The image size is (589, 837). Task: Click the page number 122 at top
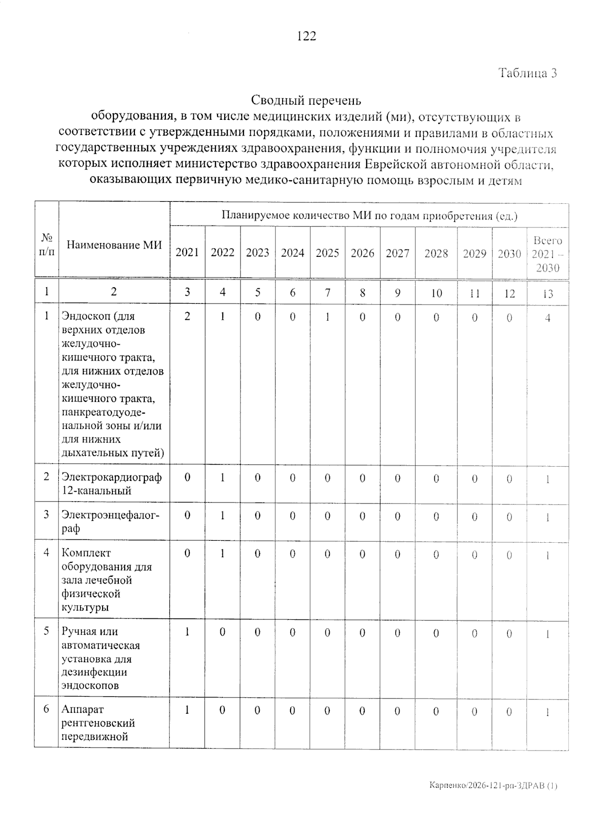point(306,36)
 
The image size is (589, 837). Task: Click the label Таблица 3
point(528,73)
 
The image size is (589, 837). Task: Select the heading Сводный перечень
point(306,101)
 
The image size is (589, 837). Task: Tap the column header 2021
point(187,252)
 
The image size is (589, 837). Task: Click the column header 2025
point(327,253)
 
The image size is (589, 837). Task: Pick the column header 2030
point(509,253)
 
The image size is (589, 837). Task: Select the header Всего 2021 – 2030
point(547,254)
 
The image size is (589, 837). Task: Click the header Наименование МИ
point(114,245)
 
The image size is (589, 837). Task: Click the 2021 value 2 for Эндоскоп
point(187,316)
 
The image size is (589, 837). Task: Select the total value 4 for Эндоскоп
point(548,318)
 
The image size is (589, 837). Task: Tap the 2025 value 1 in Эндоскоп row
point(327,317)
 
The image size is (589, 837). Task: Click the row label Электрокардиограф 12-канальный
point(111,484)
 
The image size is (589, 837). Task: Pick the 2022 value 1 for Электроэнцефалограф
point(222,516)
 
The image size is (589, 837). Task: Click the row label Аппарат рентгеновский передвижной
point(98,723)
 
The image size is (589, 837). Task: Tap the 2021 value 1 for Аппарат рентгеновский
point(187,710)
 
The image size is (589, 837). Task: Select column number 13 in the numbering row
point(548,294)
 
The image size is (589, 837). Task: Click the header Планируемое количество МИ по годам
point(369,216)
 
